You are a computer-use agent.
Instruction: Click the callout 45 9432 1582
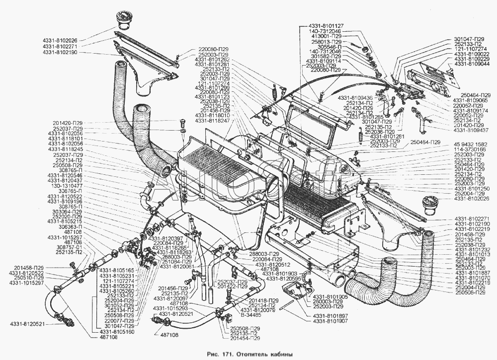[472, 144]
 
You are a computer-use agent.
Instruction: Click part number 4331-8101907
[331, 321]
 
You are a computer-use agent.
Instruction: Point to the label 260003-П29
[328, 302]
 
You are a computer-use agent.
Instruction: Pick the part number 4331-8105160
[117, 331]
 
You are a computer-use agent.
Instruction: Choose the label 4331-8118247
[212, 121]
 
